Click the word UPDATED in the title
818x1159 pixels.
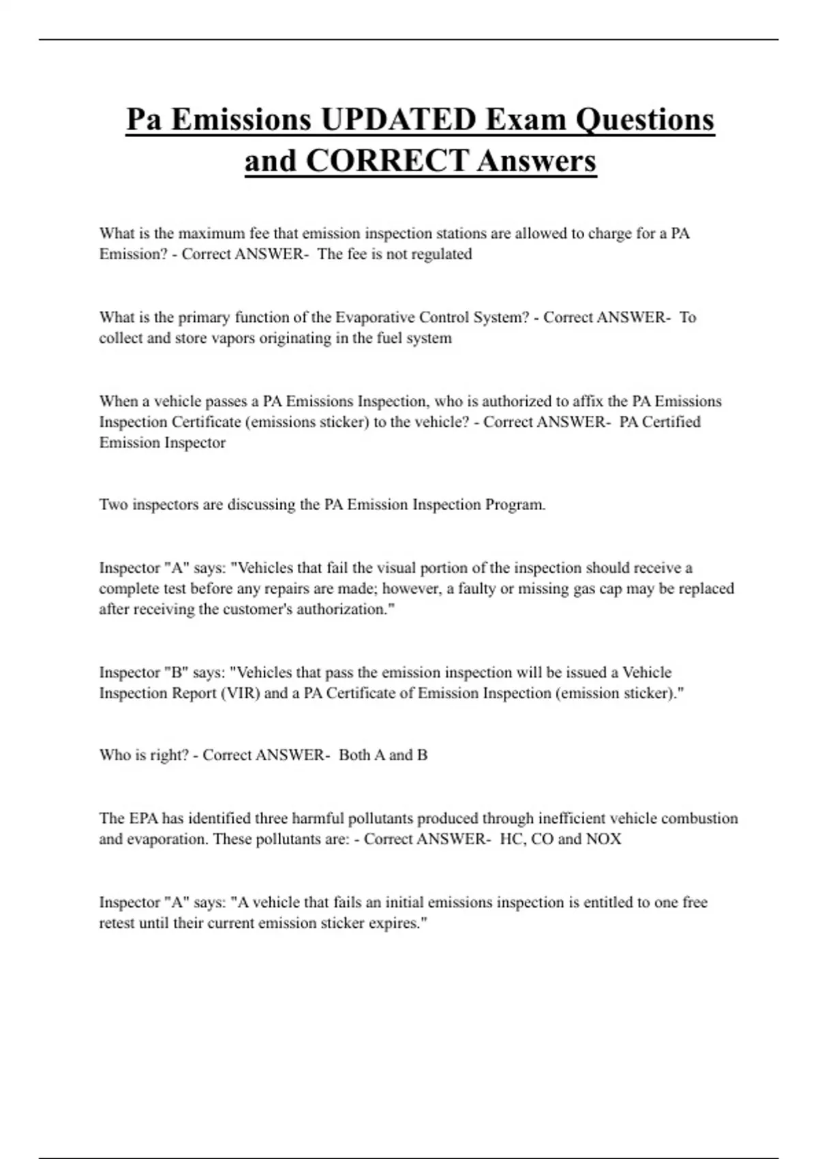coord(398,120)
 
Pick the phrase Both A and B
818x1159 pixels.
coord(383,755)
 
